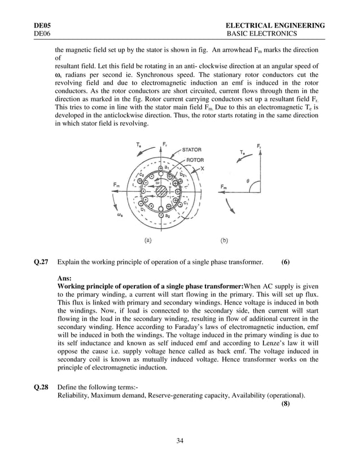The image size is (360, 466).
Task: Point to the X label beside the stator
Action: click(x=203, y=168)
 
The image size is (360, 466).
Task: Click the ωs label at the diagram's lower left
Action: click(x=121, y=214)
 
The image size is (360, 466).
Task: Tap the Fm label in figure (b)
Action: click(x=224, y=187)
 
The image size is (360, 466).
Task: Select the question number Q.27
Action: click(x=42, y=262)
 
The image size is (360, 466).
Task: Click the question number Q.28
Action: click(x=42, y=386)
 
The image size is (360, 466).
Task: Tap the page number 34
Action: click(x=180, y=441)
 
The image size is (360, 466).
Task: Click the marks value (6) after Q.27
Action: click(x=286, y=262)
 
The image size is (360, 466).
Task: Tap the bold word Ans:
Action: click(x=65, y=279)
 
